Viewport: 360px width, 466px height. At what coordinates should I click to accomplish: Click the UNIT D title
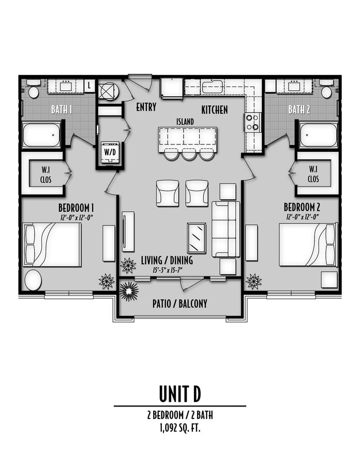179,394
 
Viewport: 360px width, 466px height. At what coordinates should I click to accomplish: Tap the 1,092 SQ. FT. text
179,428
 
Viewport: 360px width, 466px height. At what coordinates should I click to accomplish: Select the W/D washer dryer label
110,152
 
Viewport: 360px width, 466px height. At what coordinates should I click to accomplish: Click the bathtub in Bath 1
41,136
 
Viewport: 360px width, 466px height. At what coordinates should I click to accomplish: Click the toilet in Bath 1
34,90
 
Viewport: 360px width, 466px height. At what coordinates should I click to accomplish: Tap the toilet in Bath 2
326,90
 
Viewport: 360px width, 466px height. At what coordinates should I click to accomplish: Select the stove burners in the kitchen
252,122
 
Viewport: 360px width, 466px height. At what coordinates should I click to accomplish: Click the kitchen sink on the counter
212,86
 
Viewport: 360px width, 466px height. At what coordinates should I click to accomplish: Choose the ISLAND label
185,121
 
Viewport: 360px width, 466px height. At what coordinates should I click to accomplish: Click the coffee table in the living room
197,238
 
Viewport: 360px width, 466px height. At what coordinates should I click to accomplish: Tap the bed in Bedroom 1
52,244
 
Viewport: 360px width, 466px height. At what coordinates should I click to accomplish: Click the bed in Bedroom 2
308,244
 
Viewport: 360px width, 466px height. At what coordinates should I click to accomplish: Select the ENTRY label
146,108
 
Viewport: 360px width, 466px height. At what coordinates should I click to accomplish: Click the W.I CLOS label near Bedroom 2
313,174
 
